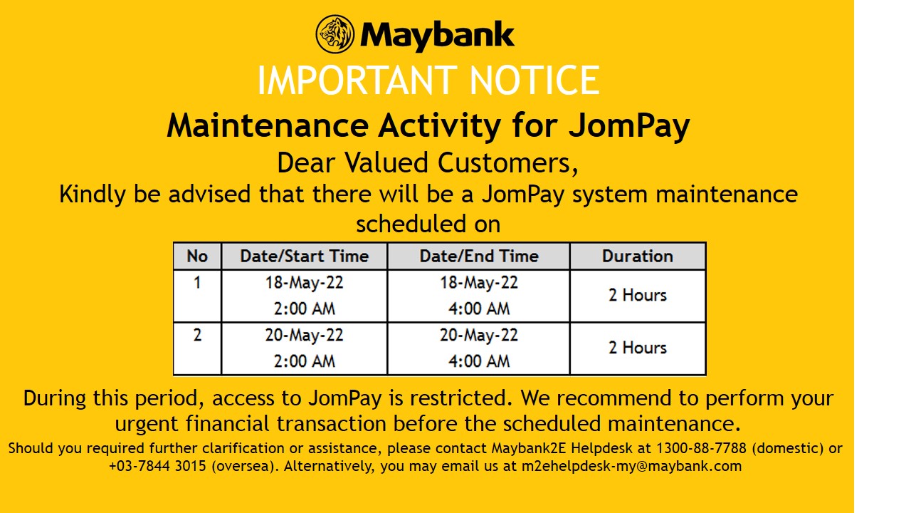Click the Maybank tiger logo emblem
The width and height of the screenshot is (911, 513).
pos(335,34)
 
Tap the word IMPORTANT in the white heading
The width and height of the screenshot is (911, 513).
pos(357,81)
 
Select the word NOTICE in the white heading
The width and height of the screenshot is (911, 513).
pos(535,81)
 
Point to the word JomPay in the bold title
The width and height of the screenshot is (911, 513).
pos(629,127)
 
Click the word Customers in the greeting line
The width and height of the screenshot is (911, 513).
pos(507,164)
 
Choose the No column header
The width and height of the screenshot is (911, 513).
pos(197,256)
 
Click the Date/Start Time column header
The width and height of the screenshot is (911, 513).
pos(304,256)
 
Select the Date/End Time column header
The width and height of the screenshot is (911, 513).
pos(479,256)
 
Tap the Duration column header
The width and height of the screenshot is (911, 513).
pos(638,256)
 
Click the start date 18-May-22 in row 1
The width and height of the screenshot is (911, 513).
pos(304,283)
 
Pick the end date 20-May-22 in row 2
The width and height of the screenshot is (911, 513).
pos(479,336)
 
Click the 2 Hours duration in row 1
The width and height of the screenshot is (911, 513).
pos(638,295)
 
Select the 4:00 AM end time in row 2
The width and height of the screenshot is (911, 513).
pos(479,361)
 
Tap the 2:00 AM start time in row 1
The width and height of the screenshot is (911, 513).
pos(304,309)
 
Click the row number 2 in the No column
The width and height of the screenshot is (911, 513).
pos(197,335)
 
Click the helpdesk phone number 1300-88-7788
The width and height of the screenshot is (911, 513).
pos(702,448)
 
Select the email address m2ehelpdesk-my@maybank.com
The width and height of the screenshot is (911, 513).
pos(631,466)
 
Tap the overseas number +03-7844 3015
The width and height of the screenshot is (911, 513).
pos(158,466)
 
